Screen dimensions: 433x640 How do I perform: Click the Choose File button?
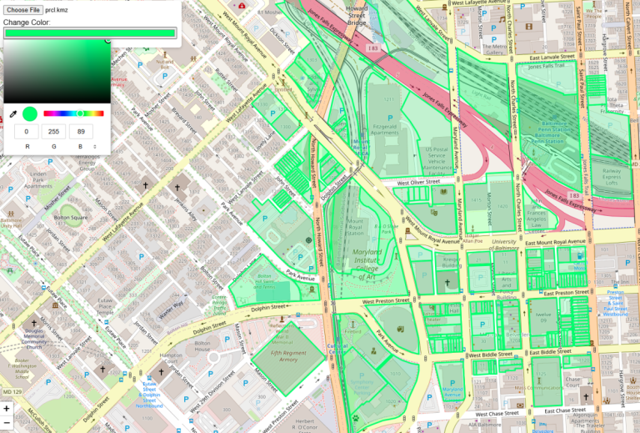[x=22, y=9]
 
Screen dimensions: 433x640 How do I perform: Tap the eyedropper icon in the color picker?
[x=12, y=113]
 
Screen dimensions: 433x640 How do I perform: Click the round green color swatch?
[x=30, y=113]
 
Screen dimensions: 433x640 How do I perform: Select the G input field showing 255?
[x=55, y=132]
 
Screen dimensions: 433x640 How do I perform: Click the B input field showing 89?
[x=81, y=132]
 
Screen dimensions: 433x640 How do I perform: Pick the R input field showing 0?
[x=26, y=132]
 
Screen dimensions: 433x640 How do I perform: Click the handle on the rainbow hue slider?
[x=80, y=113]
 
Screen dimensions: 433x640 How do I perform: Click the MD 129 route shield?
[x=12, y=391]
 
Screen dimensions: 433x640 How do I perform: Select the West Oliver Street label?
[x=417, y=183]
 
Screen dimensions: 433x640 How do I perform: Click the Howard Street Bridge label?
[x=357, y=14]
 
